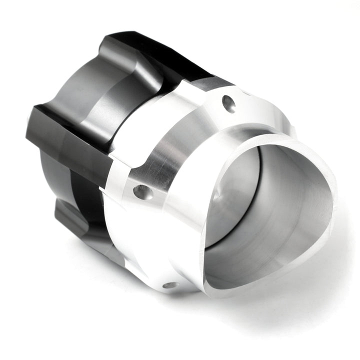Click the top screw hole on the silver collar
click(228, 103)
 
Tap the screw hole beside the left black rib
click(143, 191)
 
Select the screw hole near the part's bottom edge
click(170, 285)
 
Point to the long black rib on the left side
click(70, 145)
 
